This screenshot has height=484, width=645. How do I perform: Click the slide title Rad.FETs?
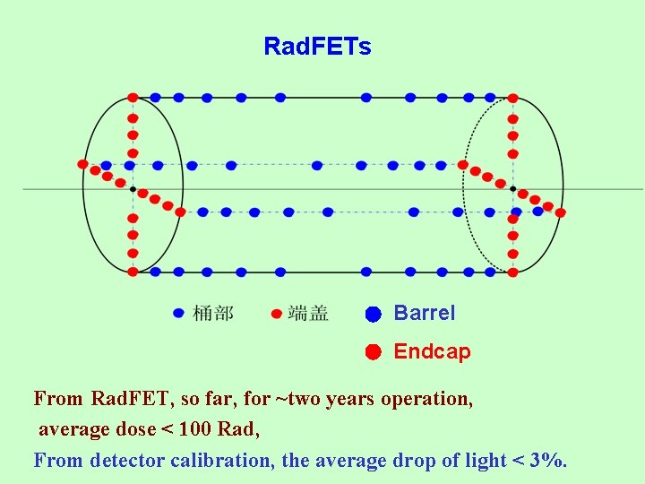317,47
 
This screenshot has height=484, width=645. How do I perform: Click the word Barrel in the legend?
425,314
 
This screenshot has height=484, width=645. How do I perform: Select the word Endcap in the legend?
432,351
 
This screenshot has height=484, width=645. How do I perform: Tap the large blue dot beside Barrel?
374,315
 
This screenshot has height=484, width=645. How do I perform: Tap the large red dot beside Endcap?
374,351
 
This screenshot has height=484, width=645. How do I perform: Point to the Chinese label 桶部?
213,313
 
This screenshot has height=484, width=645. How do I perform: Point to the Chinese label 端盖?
308,313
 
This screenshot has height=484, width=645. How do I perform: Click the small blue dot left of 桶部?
178,313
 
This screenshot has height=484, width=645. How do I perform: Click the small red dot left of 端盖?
276,314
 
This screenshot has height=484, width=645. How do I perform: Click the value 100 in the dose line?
195,429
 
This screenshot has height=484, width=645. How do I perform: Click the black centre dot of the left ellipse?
133,189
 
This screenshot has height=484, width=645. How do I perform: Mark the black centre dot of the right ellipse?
512,189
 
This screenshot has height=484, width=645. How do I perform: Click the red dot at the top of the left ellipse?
133,97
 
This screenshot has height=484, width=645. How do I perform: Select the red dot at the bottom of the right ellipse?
512,272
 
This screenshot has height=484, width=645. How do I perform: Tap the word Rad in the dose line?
237,429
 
